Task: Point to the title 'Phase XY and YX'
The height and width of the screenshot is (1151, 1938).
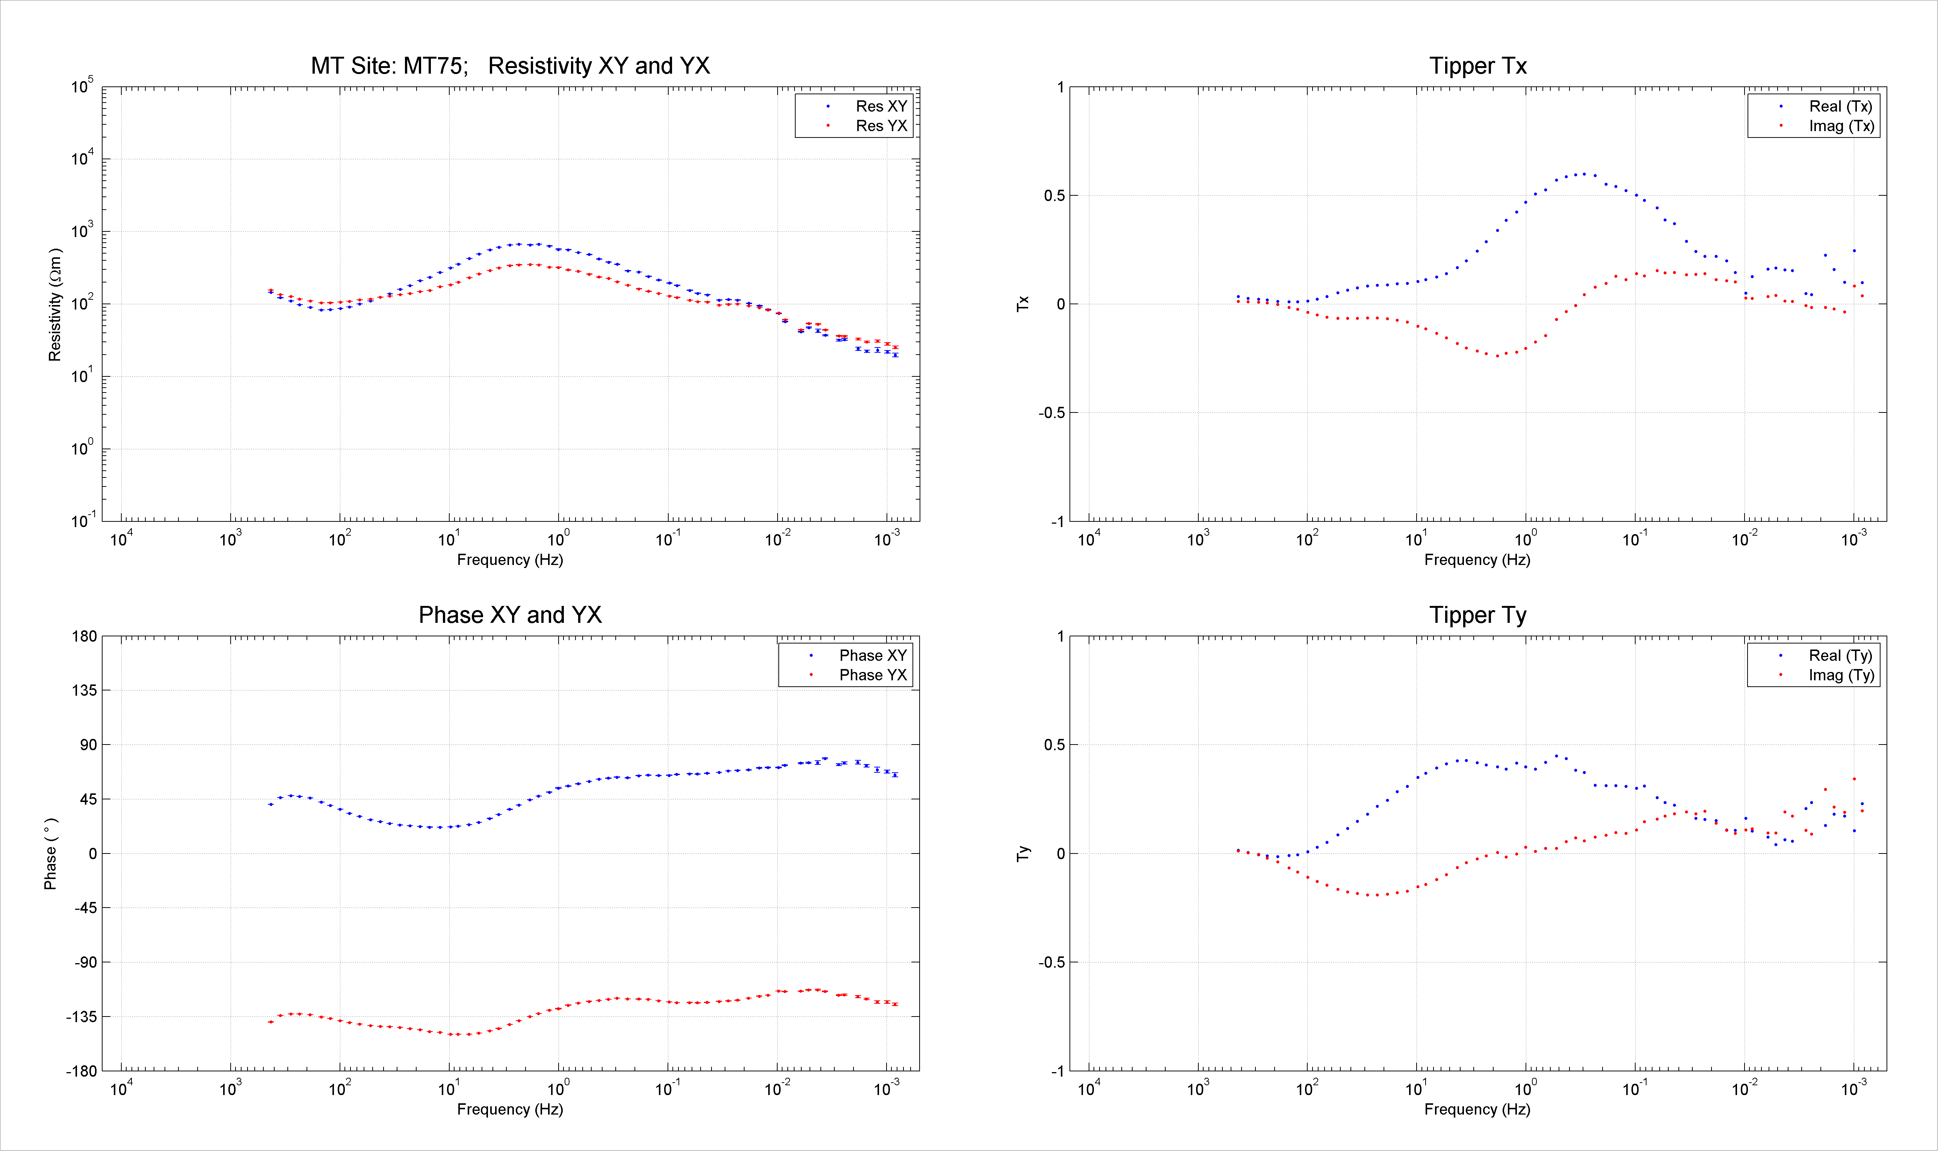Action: pos(510,615)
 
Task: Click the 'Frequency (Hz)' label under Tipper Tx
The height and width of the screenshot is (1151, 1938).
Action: pos(1477,560)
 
